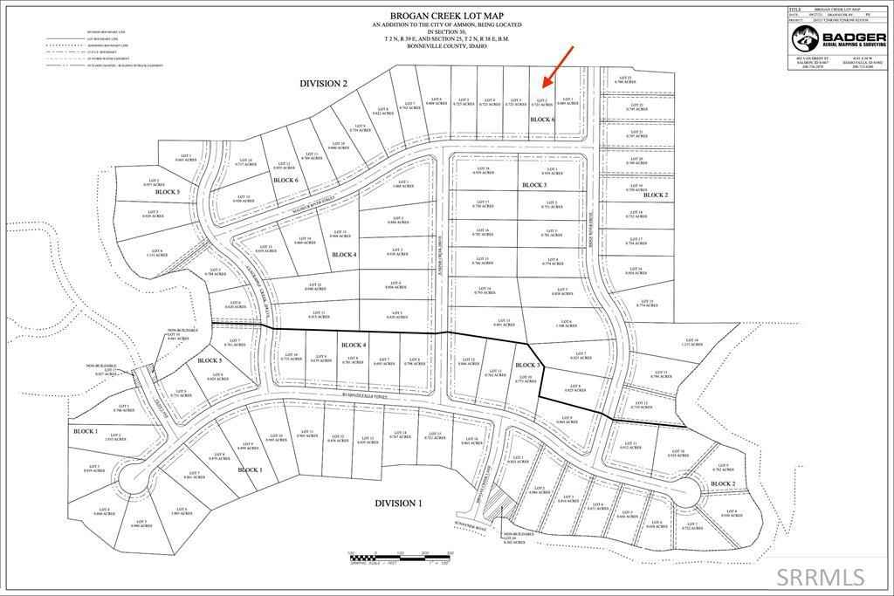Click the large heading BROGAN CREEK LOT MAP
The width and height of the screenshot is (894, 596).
click(446, 17)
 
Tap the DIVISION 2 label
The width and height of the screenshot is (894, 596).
click(324, 83)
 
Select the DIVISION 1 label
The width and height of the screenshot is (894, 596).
click(399, 504)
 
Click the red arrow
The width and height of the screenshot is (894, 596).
click(556, 68)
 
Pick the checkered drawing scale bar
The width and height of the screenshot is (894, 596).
click(399, 554)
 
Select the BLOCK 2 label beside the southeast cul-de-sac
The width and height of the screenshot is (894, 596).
click(722, 483)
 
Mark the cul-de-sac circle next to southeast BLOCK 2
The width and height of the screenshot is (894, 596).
click(687, 492)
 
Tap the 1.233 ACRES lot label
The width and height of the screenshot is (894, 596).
click(690, 343)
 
